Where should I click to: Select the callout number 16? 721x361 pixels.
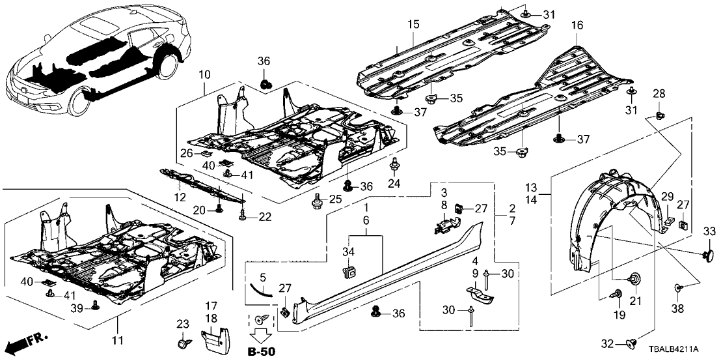(x=577, y=27)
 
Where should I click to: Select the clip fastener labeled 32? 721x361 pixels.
(x=630, y=341)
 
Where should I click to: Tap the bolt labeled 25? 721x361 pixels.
(x=317, y=199)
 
